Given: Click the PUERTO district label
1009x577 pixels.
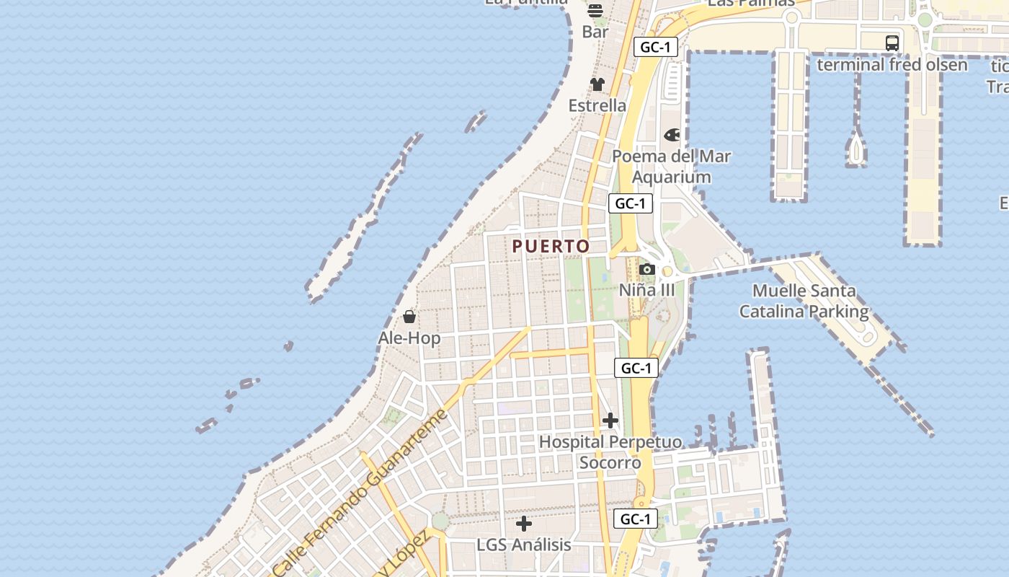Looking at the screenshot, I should coord(551,246).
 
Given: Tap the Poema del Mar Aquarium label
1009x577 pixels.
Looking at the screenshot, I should coord(671,167).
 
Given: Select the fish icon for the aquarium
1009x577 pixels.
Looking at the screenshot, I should coord(672,135).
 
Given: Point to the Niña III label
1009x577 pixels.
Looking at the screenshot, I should coord(647,290).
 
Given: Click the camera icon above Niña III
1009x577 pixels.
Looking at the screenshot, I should coord(647,270).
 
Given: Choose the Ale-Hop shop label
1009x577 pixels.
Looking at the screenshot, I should coord(409,338).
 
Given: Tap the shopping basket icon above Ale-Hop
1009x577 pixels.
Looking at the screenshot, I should coord(409,317).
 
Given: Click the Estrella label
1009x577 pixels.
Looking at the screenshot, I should coord(597,105).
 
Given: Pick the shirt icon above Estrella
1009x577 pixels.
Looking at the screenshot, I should coord(597,84).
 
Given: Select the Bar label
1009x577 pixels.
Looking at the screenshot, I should coord(595,32).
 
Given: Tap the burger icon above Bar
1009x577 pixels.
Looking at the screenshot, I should coord(595,11).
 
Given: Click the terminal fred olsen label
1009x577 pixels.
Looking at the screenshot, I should coord(892,64).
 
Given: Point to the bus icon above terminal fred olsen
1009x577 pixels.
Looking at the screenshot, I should coord(892,43).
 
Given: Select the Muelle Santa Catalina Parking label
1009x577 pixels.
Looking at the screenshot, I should coord(804,301).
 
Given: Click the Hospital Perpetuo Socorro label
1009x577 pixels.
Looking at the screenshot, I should coord(610,452).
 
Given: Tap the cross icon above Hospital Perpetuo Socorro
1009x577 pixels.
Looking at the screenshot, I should coord(610,420).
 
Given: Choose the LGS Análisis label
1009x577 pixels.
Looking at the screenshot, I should coord(524,545).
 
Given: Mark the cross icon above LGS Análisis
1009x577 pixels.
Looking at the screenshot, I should coord(524,524).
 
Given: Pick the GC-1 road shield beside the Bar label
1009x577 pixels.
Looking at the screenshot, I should coord(656,48).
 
